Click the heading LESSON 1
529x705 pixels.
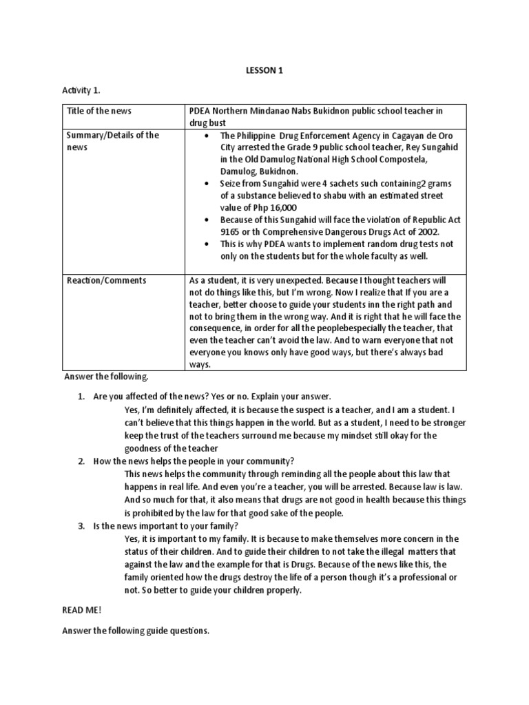[264, 70]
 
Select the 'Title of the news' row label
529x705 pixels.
[99, 111]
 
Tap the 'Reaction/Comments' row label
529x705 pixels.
[106, 281]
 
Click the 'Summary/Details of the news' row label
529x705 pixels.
[113, 141]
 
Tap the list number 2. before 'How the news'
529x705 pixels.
[81, 461]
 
